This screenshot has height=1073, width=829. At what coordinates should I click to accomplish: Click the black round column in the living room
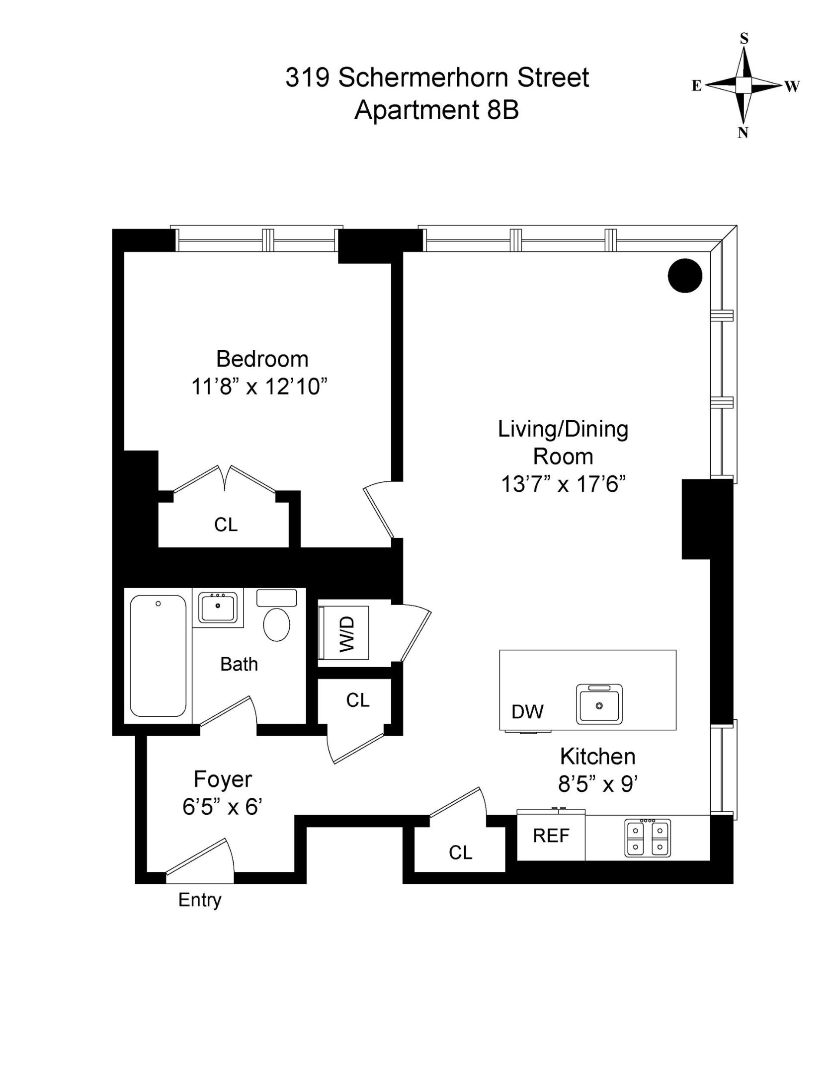pyautogui.click(x=684, y=276)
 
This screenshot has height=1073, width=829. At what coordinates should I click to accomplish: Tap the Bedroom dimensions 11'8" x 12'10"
pyautogui.click(x=260, y=386)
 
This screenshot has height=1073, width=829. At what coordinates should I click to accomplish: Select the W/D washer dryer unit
pyautogui.click(x=346, y=633)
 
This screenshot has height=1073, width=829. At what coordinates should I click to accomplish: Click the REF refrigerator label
pyautogui.click(x=551, y=836)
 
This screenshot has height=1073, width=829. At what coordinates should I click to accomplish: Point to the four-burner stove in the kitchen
pyautogui.click(x=647, y=838)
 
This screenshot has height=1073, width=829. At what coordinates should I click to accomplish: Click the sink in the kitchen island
pyautogui.click(x=599, y=704)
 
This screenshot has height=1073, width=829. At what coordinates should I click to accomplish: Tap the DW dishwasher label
pyautogui.click(x=527, y=712)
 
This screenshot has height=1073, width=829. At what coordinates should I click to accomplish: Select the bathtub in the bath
pyautogui.click(x=158, y=656)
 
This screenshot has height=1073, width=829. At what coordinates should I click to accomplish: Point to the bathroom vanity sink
pyautogui.click(x=218, y=607)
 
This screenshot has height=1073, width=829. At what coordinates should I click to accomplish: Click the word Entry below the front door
pyautogui.click(x=200, y=900)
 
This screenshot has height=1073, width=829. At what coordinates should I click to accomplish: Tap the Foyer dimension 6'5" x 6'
pyautogui.click(x=222, y=807)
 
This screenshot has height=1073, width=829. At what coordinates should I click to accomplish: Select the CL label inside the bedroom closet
pyautogui.click(x=226, y=525)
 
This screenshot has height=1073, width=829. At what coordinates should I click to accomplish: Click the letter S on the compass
pyautogui.click(x=744, y=39)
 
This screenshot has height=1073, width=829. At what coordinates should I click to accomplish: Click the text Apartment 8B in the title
pyautogui.click(x=436, y=110)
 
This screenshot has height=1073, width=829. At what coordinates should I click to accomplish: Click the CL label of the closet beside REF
pyautogui.click(x=460, y=852)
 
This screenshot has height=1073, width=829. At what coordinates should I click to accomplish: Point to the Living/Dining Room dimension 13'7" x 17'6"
pyautogui.click(x=563, y=483)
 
